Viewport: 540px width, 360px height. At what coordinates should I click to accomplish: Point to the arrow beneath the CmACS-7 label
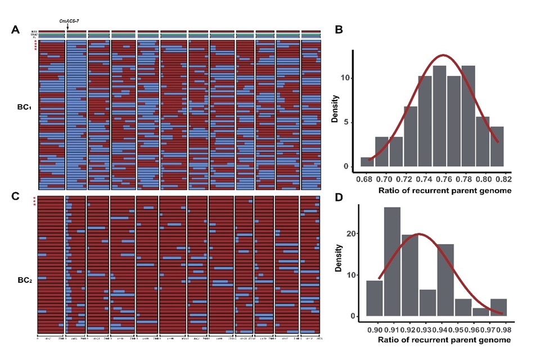67,26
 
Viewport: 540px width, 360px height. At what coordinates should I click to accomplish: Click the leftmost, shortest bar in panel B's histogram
367,161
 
